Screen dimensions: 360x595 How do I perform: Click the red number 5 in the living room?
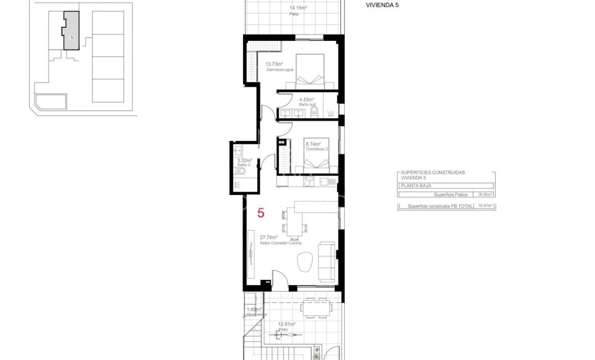[261, 212]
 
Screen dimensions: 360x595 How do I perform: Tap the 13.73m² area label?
[274, 64]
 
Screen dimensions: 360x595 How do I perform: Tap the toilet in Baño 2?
[241, 171]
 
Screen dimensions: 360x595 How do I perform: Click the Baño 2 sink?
[238, 149]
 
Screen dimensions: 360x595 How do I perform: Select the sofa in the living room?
[326, 261]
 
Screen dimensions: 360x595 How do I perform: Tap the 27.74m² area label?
[269, 237]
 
